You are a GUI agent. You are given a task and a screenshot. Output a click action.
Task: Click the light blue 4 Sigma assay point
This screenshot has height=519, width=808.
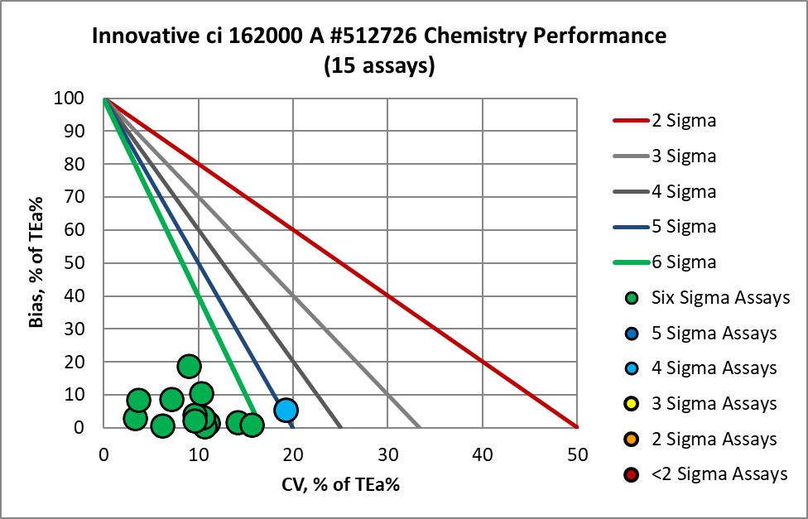coord(286,410)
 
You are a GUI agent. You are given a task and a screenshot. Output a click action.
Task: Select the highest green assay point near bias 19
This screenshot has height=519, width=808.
coord(189,366)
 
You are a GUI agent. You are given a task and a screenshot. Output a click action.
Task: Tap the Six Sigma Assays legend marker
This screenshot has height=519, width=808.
coord(632,297)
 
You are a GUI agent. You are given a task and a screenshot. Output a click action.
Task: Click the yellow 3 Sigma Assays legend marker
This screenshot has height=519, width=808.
coord(632,403)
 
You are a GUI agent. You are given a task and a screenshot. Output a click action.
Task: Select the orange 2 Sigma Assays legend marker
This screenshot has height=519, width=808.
coord(632,439)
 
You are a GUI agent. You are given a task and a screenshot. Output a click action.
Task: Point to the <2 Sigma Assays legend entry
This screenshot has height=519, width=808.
coord(704,474)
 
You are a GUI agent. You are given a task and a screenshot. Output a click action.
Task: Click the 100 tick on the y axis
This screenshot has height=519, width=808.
coord(83,99)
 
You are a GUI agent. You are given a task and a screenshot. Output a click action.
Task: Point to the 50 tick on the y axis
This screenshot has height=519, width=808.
coord(86,263)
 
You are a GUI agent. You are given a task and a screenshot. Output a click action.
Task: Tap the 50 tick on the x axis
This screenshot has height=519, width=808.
coord(577,454)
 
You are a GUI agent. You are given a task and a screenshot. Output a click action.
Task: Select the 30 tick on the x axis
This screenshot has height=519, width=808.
coord(387,454)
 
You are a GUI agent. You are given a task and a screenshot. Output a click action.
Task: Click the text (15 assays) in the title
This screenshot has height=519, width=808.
coord(379,66)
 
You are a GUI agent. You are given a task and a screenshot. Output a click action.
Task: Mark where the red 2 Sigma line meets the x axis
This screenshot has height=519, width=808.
coord(577,427)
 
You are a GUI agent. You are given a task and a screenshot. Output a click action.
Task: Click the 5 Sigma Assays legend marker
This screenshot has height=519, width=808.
coord(632,333)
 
